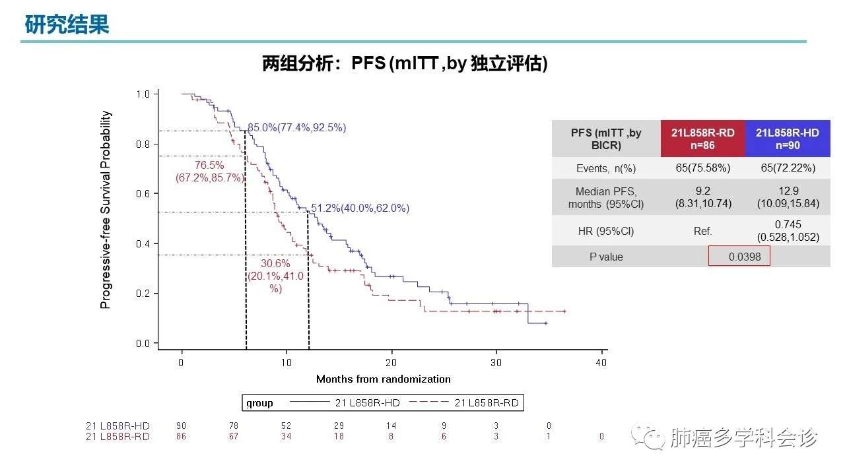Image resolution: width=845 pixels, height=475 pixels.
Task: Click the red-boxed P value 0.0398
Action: (x=739, y=256)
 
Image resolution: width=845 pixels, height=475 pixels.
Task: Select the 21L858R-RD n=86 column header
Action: (x=702, y=139)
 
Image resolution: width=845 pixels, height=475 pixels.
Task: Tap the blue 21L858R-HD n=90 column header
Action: (x=787, y=139)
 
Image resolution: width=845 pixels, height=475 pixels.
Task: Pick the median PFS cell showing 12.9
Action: (x=787, y=197)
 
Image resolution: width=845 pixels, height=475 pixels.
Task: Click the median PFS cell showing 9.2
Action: (x=702, y=197)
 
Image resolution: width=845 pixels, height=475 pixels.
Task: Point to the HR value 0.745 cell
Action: (x=787, y=231)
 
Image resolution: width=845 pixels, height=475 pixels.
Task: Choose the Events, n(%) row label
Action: (x=605, y=168)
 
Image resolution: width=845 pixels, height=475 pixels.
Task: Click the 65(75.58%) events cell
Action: (x=702, y=168)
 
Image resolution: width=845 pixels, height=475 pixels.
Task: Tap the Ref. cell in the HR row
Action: (x=702, y=231)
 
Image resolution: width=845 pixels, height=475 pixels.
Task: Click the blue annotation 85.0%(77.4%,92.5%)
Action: (x=296, y=127)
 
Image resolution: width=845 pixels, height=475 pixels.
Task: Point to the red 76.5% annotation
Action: (x=209, y=165)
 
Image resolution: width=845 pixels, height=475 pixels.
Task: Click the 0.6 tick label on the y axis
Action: (x=143, y=193)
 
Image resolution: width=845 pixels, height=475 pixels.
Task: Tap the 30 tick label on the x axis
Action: (x=496, y=362)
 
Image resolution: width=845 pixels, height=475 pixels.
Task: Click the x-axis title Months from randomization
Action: (x=383, y=379)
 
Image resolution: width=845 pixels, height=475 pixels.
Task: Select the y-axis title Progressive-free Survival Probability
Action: (x=106, y=210)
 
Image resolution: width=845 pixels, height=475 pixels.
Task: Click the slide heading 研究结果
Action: (x=66, y=25)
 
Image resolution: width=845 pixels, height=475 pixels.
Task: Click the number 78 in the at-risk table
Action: (x=234, y=426)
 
